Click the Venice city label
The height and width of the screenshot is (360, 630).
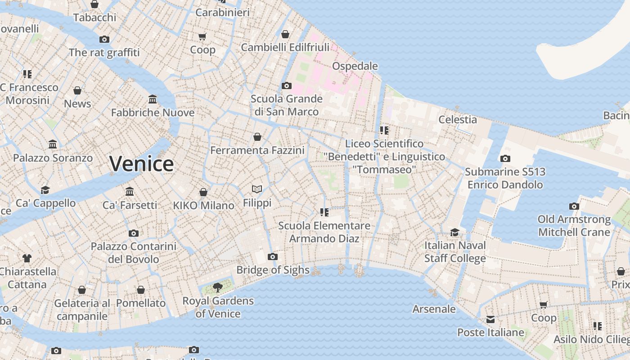click(141, 164)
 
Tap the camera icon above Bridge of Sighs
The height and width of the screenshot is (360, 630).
click(272, 257)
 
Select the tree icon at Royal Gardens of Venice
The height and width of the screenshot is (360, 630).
click(218, 287)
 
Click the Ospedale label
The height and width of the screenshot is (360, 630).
click(355, 66)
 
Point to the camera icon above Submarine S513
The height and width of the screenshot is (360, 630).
click(505, 158)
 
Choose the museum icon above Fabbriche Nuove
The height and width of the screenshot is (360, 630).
click(153, 99)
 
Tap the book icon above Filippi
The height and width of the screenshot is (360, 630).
click(257, 189)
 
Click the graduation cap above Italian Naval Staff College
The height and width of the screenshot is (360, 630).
click(455, 232)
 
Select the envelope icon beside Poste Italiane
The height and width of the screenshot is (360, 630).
click(490, 319)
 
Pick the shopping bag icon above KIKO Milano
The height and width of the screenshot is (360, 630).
click(203, 192)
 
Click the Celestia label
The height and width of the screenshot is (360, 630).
click(458, 119)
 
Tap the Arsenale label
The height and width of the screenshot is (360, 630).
click(434, 309)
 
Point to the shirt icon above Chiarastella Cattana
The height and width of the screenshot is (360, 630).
click(27, 258)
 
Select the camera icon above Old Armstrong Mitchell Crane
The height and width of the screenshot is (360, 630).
click(574, 206)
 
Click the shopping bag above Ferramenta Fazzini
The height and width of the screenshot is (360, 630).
click(257, 137)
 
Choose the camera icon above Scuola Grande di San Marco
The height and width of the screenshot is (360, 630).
click(286, 85)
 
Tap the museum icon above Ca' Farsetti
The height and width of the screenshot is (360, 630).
click(130, 192)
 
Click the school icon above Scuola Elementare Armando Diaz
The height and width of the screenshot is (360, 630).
click(324, 212)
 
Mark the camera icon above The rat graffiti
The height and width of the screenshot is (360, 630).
click(104, 39)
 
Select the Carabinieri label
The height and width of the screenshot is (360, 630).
click(222, 12)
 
